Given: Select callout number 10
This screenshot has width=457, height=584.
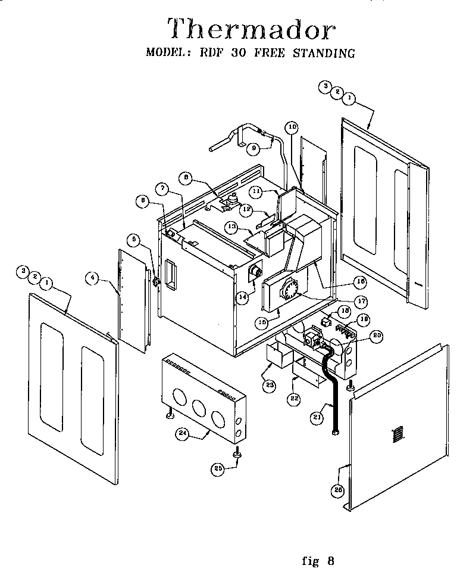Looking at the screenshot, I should (x=291, y=127).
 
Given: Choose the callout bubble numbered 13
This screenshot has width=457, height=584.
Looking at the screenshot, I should (x=232, y=226).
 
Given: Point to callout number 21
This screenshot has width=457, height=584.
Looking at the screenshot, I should (x=317, y=418).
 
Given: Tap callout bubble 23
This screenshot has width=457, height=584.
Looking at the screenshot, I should (x=270, y=386).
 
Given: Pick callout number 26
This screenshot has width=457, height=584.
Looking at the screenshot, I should (x=338, y=490).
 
